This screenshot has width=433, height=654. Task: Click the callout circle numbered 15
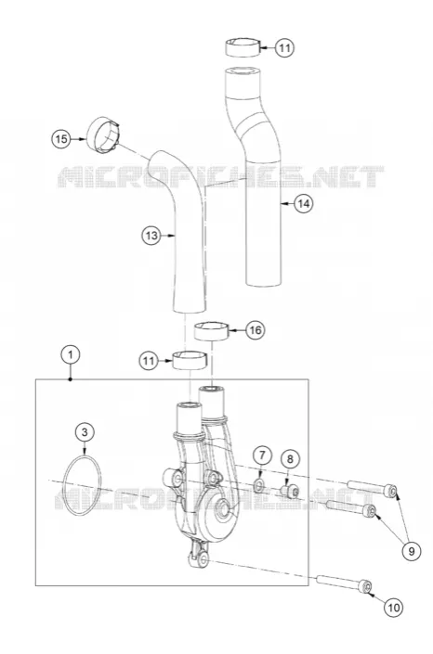(61, 138)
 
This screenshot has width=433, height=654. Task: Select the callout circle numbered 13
(151, 236)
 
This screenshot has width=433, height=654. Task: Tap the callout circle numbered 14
(304, 203)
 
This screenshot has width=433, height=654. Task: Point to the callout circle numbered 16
(255, 330)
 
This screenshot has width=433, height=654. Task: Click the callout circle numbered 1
(71, 355)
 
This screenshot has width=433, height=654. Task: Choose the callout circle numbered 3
(85, 432)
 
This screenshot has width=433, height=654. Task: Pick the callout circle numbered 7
(262, 455)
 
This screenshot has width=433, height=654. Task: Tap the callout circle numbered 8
(290, 459)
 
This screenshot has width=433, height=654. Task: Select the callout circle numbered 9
(412, 551)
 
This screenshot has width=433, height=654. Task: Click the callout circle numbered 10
(394, 608)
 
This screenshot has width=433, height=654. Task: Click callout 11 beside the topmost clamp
(284, 48)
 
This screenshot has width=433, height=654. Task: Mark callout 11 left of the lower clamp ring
(149, 360)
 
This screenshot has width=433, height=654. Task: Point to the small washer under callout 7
(258, 485)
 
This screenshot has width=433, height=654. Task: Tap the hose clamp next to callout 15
(103, 135)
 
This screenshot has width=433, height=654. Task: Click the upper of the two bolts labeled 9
(372, 489)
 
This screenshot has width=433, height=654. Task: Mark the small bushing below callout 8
(289, 491)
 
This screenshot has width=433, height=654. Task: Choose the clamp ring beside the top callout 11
(243, 47)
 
